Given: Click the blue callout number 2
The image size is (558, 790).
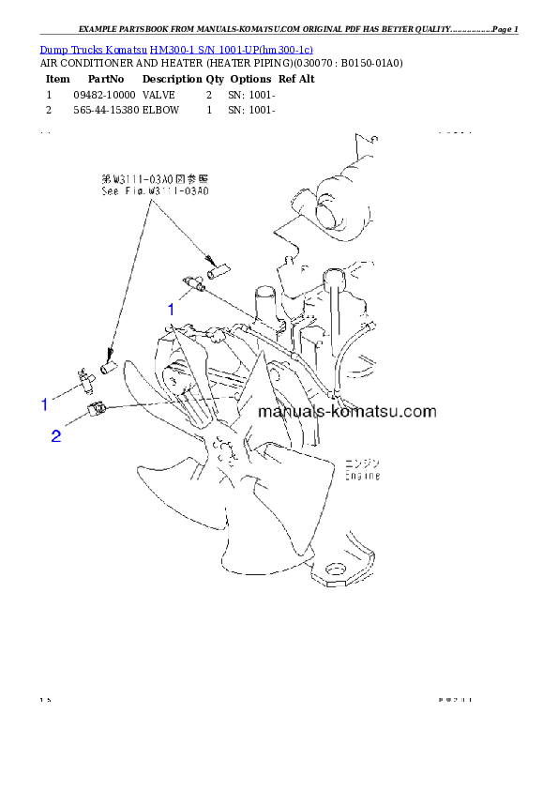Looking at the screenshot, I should [56, 436].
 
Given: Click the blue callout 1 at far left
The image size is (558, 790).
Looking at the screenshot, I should [43, 404].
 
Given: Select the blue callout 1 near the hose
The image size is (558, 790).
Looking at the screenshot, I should [171, 308].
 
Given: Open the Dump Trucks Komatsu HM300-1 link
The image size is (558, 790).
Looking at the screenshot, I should [176, 48].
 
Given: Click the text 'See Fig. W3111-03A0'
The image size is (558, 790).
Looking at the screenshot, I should [155, 190].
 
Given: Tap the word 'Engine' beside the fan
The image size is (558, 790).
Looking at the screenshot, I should [361, 476].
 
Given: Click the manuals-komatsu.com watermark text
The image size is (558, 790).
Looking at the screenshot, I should [346, 411].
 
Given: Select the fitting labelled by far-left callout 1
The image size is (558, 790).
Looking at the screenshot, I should [83, 379].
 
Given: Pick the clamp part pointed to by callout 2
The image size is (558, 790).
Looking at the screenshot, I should [98, 408].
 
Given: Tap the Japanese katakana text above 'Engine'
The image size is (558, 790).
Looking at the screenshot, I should [359, 463].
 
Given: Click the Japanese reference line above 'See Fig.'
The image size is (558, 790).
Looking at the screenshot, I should [155, 176].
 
